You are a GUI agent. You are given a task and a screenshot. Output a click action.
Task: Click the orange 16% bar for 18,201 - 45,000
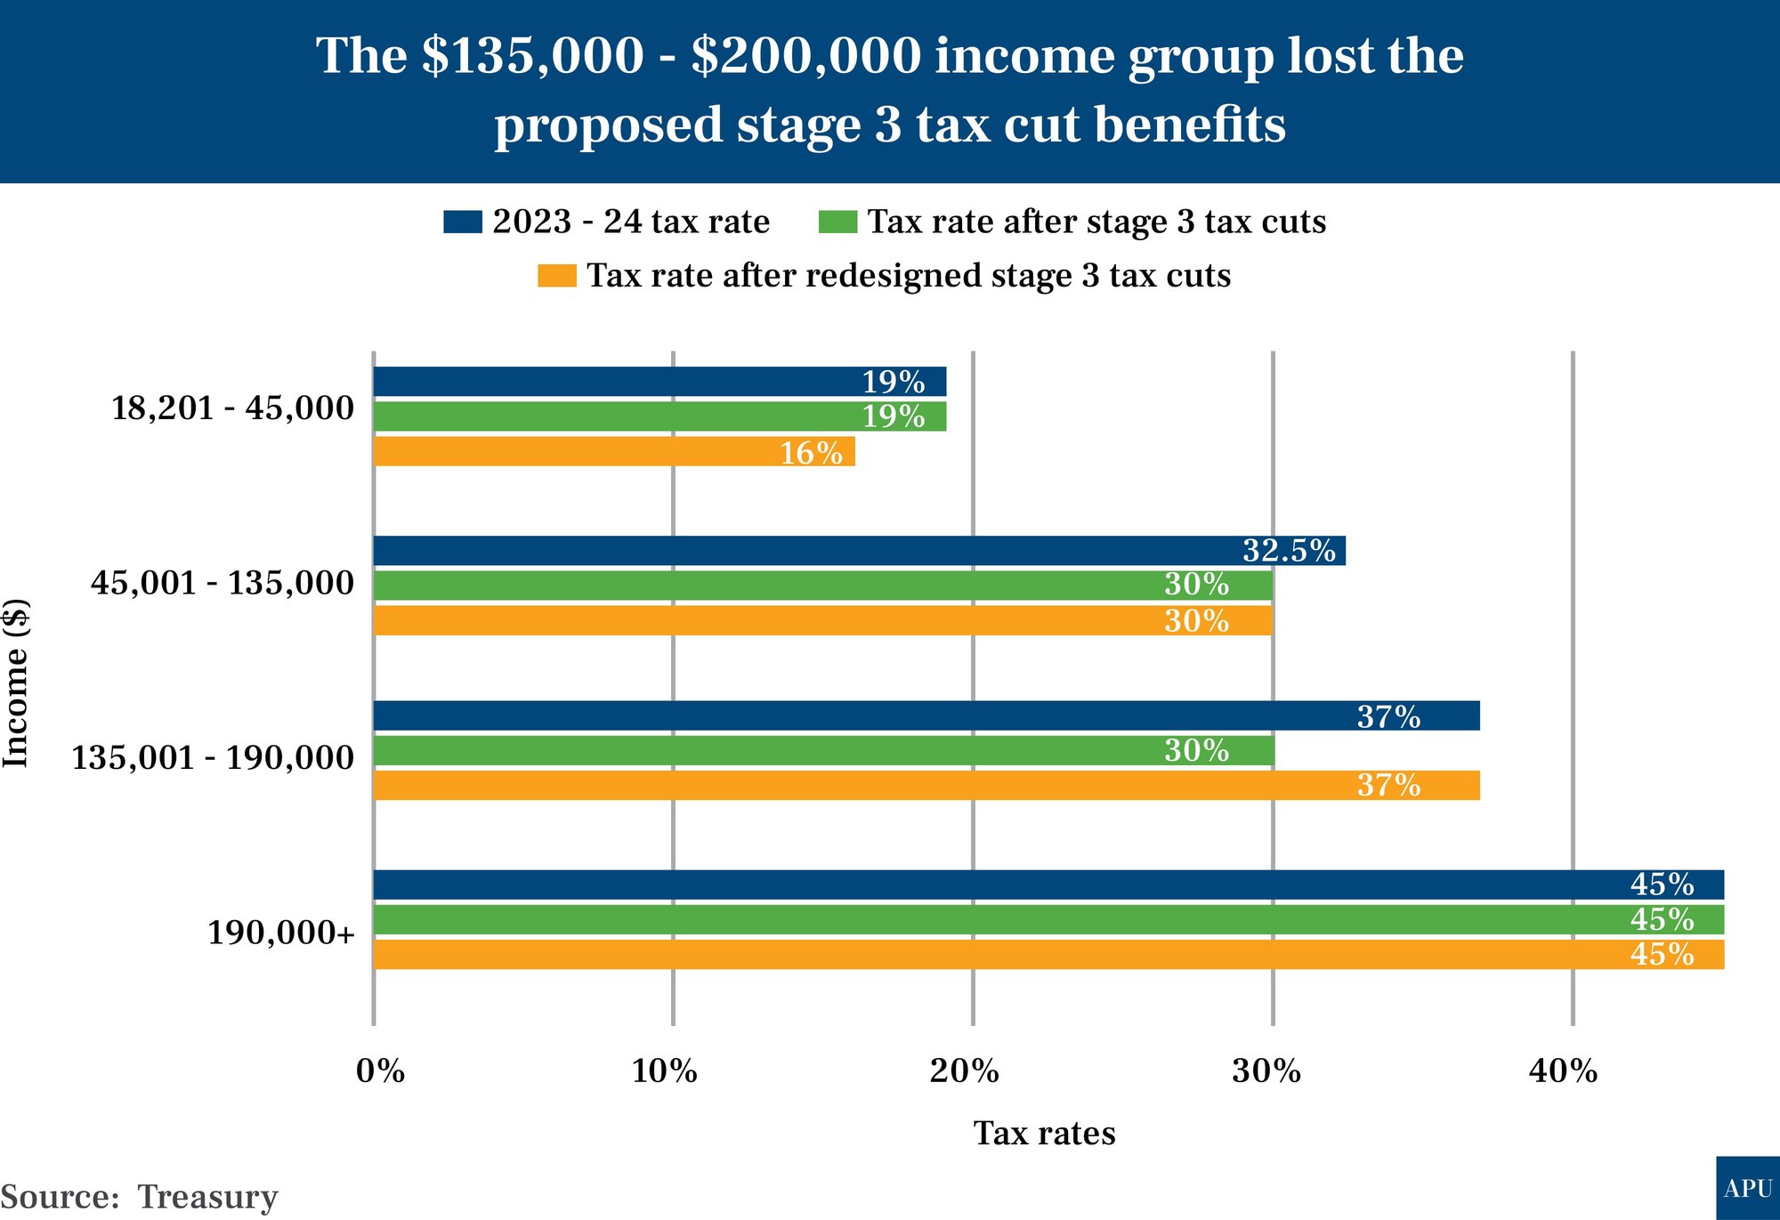pos(614,451)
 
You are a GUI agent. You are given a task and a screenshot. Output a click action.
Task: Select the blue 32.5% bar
pos(859,551)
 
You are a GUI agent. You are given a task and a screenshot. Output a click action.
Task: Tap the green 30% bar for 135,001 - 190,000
pos(823,750)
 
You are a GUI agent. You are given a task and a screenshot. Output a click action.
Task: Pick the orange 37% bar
pos(926,785)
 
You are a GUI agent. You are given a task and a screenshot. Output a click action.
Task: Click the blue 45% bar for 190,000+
pos(1048,885)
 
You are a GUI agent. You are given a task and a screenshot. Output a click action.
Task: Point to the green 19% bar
pos(659,416)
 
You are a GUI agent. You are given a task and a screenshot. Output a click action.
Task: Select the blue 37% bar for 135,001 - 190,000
pos(926,715)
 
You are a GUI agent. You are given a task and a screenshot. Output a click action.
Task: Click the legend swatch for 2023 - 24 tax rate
pos(463,222)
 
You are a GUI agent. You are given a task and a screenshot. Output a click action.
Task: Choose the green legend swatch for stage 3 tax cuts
pos(837,222)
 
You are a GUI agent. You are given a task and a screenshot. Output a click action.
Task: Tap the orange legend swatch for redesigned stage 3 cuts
pos(557,276)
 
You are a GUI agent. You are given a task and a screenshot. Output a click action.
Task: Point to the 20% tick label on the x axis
pos(964,1071)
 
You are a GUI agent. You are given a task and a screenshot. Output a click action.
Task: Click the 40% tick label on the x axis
pos(1563,1071)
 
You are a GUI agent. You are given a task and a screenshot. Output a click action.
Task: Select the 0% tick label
pos(380,1071)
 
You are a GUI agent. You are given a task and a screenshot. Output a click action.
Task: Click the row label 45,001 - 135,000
pos(222,583)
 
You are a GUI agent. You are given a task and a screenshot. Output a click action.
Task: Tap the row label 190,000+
pos(281,933)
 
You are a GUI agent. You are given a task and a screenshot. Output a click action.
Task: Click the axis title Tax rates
pos(1044,1134)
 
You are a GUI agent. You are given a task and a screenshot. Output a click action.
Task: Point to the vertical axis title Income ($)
pos(16,683)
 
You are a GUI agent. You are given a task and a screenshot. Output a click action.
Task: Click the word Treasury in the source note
pos(207,1197)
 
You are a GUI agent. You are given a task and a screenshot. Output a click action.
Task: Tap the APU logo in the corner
pos(1747,1189)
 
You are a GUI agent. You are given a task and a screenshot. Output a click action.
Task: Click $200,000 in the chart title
pos(806,56)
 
